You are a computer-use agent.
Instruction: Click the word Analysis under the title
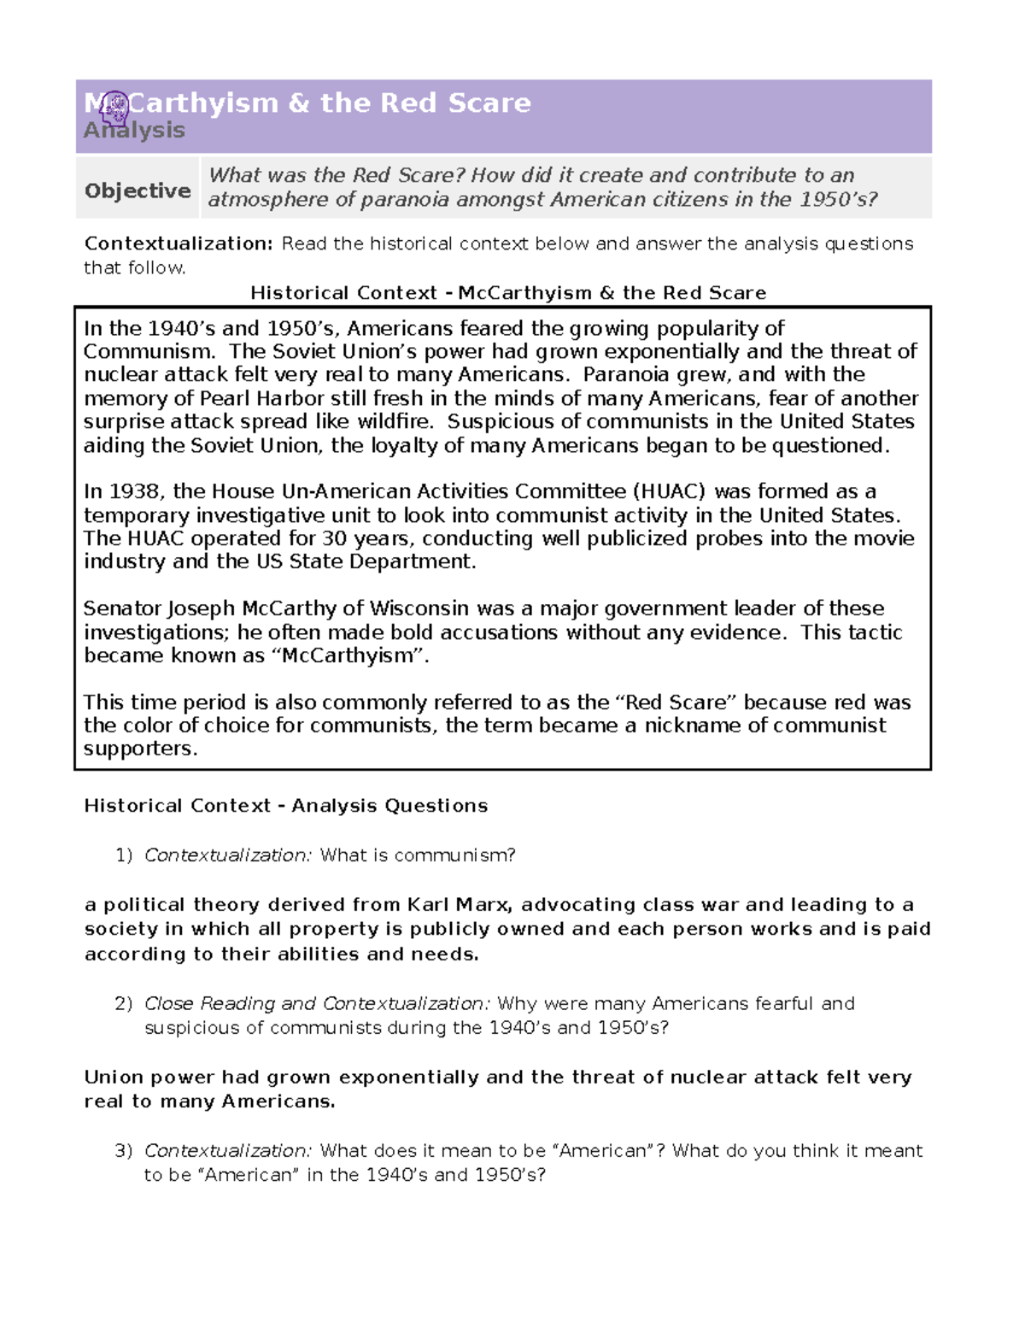click(x=134, y=131)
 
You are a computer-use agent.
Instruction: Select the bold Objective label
click(x=138, y=191)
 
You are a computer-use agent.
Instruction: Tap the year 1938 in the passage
click(x=137, y=491)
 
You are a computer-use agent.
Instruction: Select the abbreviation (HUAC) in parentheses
click(x=669, y=491)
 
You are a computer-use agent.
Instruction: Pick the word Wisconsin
click(x=419, y=608)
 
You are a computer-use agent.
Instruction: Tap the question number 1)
click(x=124, y=855)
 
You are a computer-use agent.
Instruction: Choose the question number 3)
click(x=124, y=1151)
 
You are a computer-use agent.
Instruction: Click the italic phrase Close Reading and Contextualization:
click(x=317, y=1003)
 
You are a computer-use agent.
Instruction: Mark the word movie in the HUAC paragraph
click(x=888, y=538)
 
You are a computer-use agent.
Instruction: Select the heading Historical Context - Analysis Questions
click(x=285, y=806)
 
